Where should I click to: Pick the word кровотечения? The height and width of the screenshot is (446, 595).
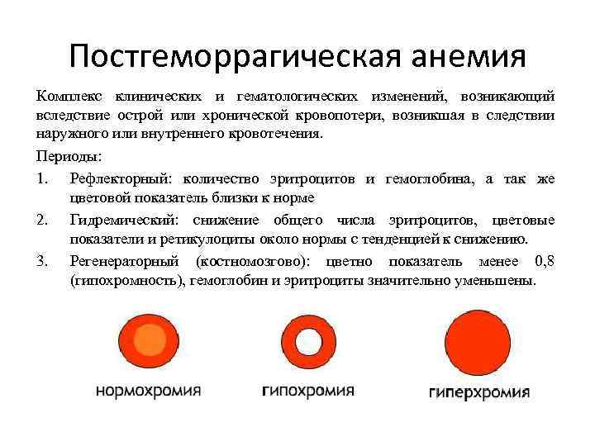[278, 135]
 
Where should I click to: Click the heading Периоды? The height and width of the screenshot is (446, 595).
[67, 154]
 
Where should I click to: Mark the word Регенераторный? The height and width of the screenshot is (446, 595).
[123, 262]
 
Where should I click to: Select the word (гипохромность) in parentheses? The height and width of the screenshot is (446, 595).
[126, 281]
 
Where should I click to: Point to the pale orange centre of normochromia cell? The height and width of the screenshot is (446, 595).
[150, 339]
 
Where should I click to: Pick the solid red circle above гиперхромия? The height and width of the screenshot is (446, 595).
[478, 341]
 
